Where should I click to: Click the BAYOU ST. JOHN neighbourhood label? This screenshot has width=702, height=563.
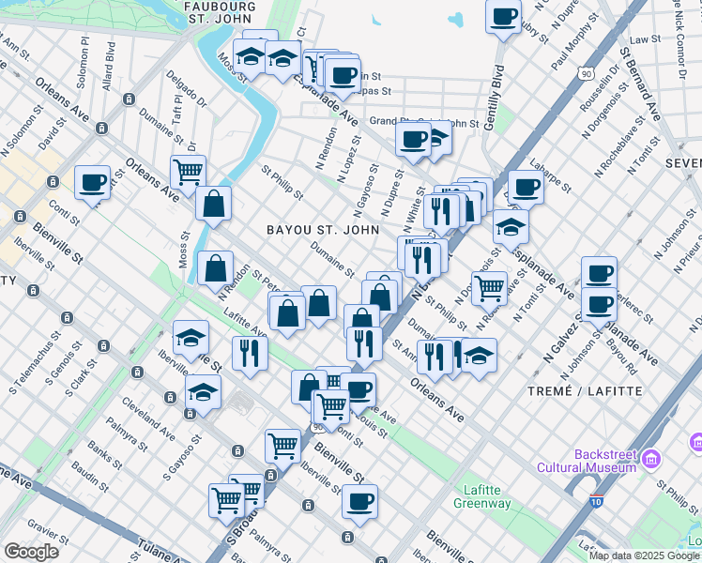point(323,230)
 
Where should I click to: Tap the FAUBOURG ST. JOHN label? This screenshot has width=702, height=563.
point(221,11)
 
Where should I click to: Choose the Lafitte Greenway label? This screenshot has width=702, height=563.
point(487,496)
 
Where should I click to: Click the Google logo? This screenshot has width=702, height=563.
point(31,551)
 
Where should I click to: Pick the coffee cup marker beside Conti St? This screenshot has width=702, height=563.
point(92,183)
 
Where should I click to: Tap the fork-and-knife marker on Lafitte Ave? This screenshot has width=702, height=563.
point(250,353)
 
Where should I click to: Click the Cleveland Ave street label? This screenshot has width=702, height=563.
point(147,423)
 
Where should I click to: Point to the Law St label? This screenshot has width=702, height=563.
point(645,40)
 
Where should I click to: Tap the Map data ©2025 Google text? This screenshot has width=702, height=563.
point(643,555)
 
